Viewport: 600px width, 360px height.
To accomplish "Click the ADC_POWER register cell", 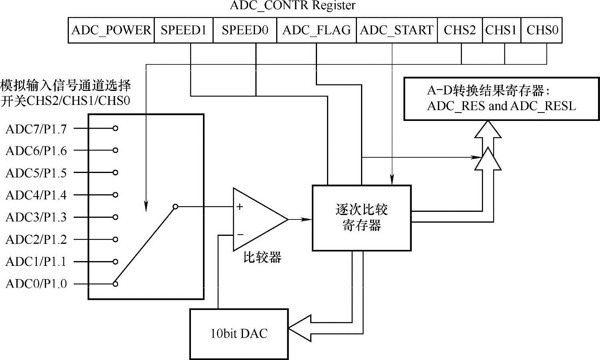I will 111,30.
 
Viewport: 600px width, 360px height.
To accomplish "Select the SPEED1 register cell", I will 183,30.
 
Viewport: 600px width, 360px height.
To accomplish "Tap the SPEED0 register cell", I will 245,30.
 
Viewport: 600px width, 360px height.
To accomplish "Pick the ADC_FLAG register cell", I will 316,30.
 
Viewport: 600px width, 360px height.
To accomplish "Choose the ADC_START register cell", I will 397,30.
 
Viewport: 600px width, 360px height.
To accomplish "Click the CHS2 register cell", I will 460,30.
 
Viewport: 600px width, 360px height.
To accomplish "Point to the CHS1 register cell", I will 501,30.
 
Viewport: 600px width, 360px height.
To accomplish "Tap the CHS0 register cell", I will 542,30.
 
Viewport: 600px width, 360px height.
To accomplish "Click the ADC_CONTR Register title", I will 293,6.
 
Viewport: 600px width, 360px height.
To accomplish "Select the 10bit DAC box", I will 239,334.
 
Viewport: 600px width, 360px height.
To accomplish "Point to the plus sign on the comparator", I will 239,207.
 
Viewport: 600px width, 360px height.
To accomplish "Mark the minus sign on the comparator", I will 240,234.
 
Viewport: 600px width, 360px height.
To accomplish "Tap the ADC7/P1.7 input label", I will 36,129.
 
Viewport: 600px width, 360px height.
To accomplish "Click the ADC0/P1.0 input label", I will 36,284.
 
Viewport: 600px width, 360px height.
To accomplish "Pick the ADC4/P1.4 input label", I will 36,195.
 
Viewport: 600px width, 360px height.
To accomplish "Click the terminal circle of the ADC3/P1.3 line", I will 115,217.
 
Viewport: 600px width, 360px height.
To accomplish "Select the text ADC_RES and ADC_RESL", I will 501,106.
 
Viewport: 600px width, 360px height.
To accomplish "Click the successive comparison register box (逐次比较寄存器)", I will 361,218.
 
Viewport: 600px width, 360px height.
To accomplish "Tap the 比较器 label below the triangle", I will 262,257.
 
